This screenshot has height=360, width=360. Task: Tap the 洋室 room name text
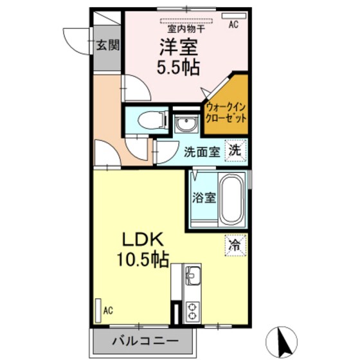tap(179, 46)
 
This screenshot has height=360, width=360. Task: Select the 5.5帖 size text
tap(179, 66)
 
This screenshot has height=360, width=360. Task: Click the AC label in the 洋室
tap(233, 26)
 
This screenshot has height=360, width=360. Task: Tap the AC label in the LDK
tap(109, 310)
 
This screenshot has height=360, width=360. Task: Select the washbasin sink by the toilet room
tap(186, 122)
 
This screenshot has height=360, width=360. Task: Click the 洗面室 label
tap(203, 152)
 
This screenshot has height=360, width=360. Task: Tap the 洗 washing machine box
tap(236, 151)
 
